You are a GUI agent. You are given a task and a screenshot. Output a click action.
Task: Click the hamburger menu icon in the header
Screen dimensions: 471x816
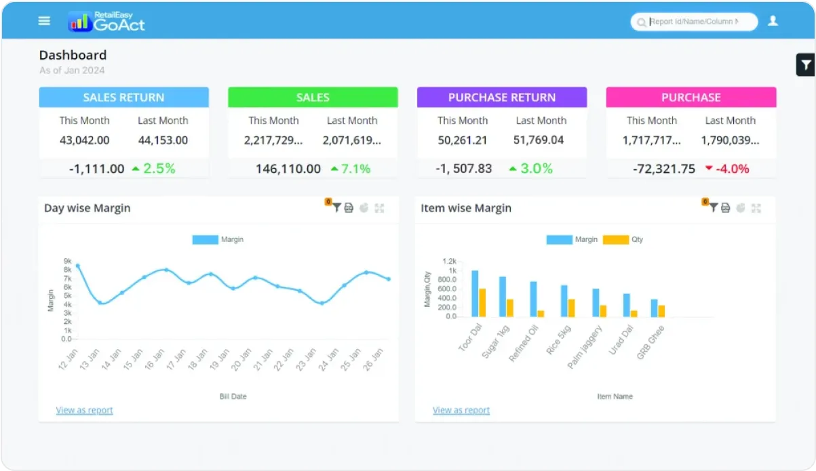click(44, 21)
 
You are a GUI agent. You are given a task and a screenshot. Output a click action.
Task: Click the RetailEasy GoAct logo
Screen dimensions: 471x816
click(106, 22)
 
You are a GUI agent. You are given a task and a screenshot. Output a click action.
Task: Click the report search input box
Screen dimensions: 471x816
click(699, 22)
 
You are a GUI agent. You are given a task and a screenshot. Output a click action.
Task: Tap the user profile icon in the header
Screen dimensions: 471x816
click(773, 21)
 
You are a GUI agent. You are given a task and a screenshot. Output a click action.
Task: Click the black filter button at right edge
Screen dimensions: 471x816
click(805, 65)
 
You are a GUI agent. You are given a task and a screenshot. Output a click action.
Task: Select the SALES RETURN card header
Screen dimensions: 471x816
click(123, 98)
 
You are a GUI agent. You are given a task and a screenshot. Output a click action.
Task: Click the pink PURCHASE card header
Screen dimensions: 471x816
click(691, 98)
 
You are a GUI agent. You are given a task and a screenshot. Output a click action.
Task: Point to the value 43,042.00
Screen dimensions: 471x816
click(84, 141)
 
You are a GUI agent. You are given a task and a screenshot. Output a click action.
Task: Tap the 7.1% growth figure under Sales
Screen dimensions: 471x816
click(355, 169)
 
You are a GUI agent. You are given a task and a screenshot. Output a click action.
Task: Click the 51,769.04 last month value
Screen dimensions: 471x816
click(541, 141)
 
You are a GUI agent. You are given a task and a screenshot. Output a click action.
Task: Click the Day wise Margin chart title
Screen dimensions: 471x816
click(87, 208)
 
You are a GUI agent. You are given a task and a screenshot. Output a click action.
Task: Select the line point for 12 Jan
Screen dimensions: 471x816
click(77, 266)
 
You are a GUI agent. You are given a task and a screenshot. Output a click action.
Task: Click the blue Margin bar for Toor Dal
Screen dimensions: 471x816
click(475, 293)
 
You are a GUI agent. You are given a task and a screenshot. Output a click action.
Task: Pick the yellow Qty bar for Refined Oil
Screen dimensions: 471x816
click(541, 313)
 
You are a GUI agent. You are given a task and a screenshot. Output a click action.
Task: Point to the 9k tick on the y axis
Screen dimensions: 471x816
click(68, 261)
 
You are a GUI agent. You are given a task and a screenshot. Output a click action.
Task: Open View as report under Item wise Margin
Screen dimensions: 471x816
click(461, 410)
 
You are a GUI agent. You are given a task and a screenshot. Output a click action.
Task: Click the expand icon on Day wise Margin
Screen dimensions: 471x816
click(379, 208)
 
